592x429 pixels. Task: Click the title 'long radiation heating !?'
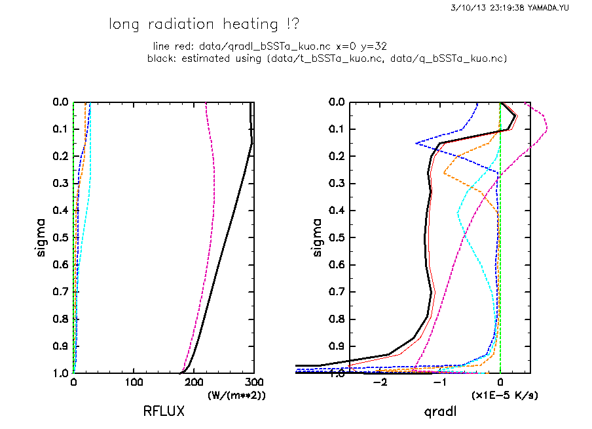pyautogui.click(x=204, y=25)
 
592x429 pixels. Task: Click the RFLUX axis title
pyautogui.click(x=164, y=412)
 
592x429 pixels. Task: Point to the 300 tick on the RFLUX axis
pyautogui.click(x=255, y=382)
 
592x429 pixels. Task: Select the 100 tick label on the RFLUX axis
pyautogui.click(x=134, y=382)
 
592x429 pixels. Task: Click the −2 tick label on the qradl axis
pyautogui.click(x=378, y=382)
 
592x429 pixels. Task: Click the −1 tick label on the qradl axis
pyautogui.click(x=439, y=382)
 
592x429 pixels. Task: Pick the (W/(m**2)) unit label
pyautogui.click(x=237, y=396)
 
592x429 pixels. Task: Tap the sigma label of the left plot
pyautogui.click(x=41, y=237)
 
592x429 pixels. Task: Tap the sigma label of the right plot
pyautogui.click(x=318, y=237)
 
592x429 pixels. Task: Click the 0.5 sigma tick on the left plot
pyautogui.click(x=60, y=237)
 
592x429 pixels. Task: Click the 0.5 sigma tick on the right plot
pyautogui.click(x=336, y=237)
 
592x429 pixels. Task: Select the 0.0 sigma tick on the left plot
pyautogui.click(x=60, y=102)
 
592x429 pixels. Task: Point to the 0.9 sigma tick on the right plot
pyautogui.click(x=336, y=346)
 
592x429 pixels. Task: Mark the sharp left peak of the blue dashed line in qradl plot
pyautogui.click(x=416, y=143)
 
